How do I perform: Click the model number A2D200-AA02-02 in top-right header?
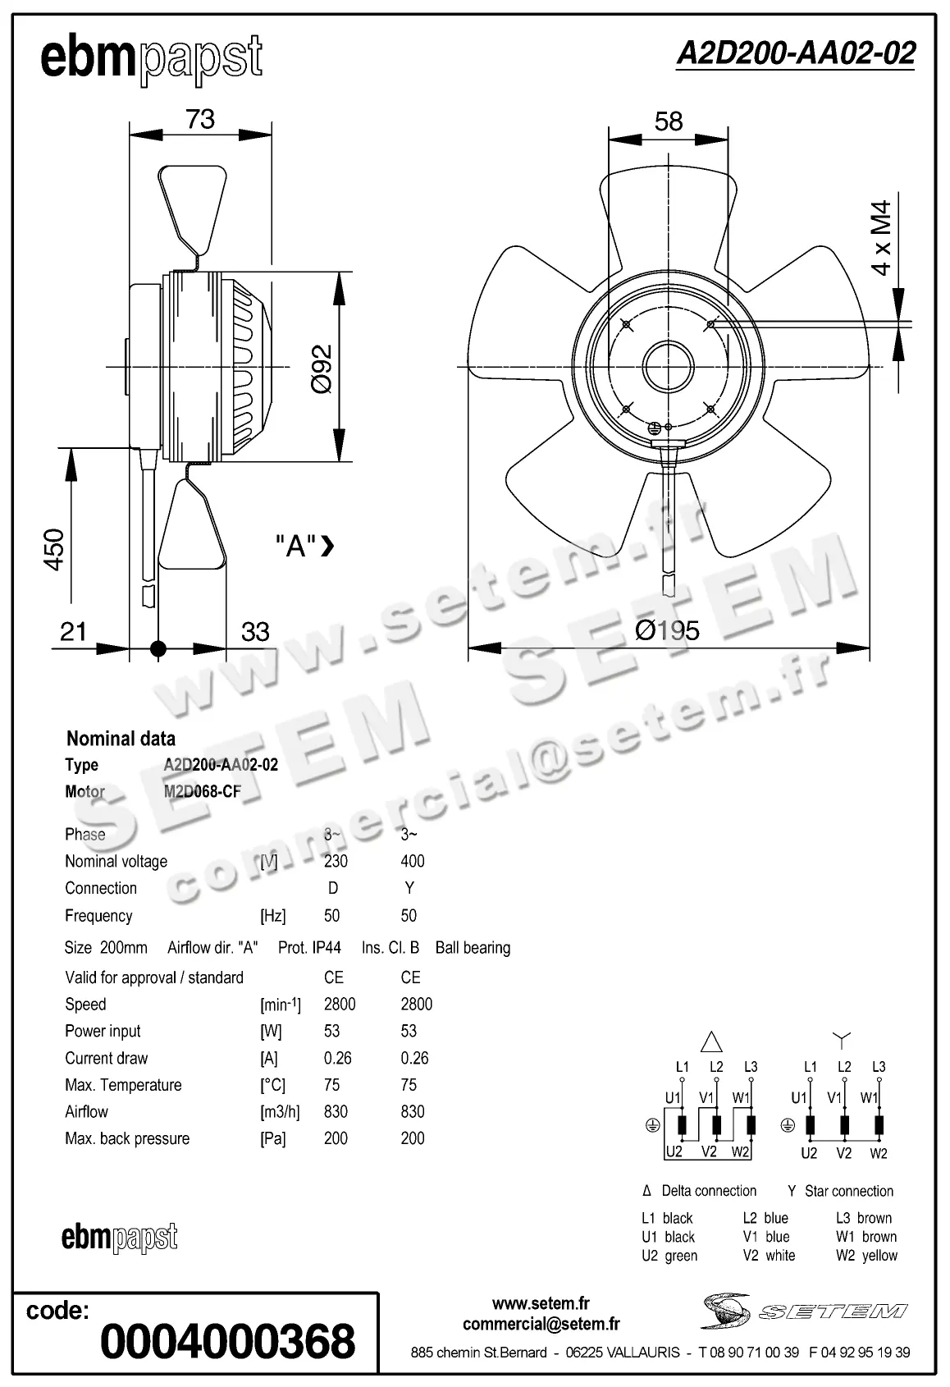click(795, 53)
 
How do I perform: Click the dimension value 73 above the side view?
click(200, 119)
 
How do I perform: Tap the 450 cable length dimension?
click(53, 550)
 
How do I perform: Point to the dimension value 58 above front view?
click(669, 121)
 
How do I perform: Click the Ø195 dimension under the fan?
click(668, 630)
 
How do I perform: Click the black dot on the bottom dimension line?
click(158, 649)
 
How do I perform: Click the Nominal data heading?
click(121, 738)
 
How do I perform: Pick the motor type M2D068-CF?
click(203, 792)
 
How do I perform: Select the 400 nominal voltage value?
click(412, 861)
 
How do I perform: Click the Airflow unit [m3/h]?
click(280, 1112)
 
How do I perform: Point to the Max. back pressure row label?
click(127, 1138)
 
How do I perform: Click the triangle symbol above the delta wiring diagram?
click(711, 1042)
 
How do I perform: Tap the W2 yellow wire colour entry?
click(866, 1256)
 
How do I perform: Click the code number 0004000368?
click(227, 1340)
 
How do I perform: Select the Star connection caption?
click(841, 1191)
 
